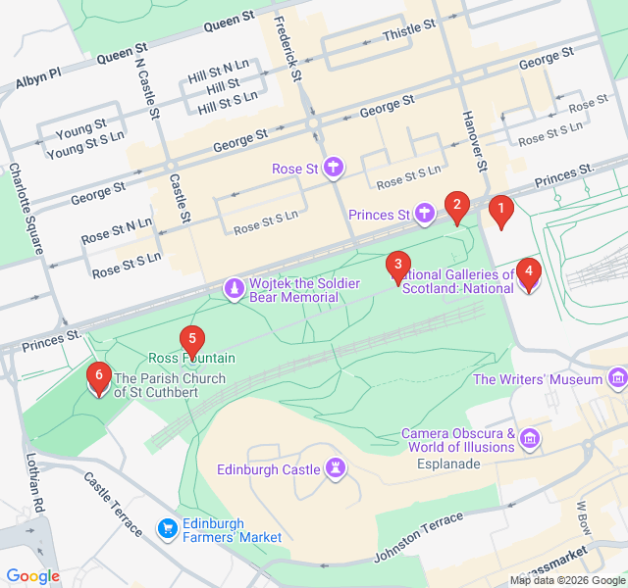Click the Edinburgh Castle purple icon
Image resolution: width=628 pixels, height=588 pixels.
[x=337, y=469]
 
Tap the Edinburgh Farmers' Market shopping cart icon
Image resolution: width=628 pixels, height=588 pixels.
[x=167, y=530]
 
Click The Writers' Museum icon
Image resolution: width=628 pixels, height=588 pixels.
[x=617, y=378]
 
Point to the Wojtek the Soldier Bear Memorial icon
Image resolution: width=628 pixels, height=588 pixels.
[x=235, y=289]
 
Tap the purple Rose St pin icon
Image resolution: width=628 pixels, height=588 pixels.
[x=334, y=168]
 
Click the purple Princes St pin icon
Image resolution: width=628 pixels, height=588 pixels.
[x=424, y=213]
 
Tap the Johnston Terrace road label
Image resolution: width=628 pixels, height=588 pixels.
[x=418, y=538]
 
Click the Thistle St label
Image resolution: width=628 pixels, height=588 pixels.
[x=408, y=32]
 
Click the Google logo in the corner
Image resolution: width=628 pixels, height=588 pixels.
[x=32, y=576]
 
